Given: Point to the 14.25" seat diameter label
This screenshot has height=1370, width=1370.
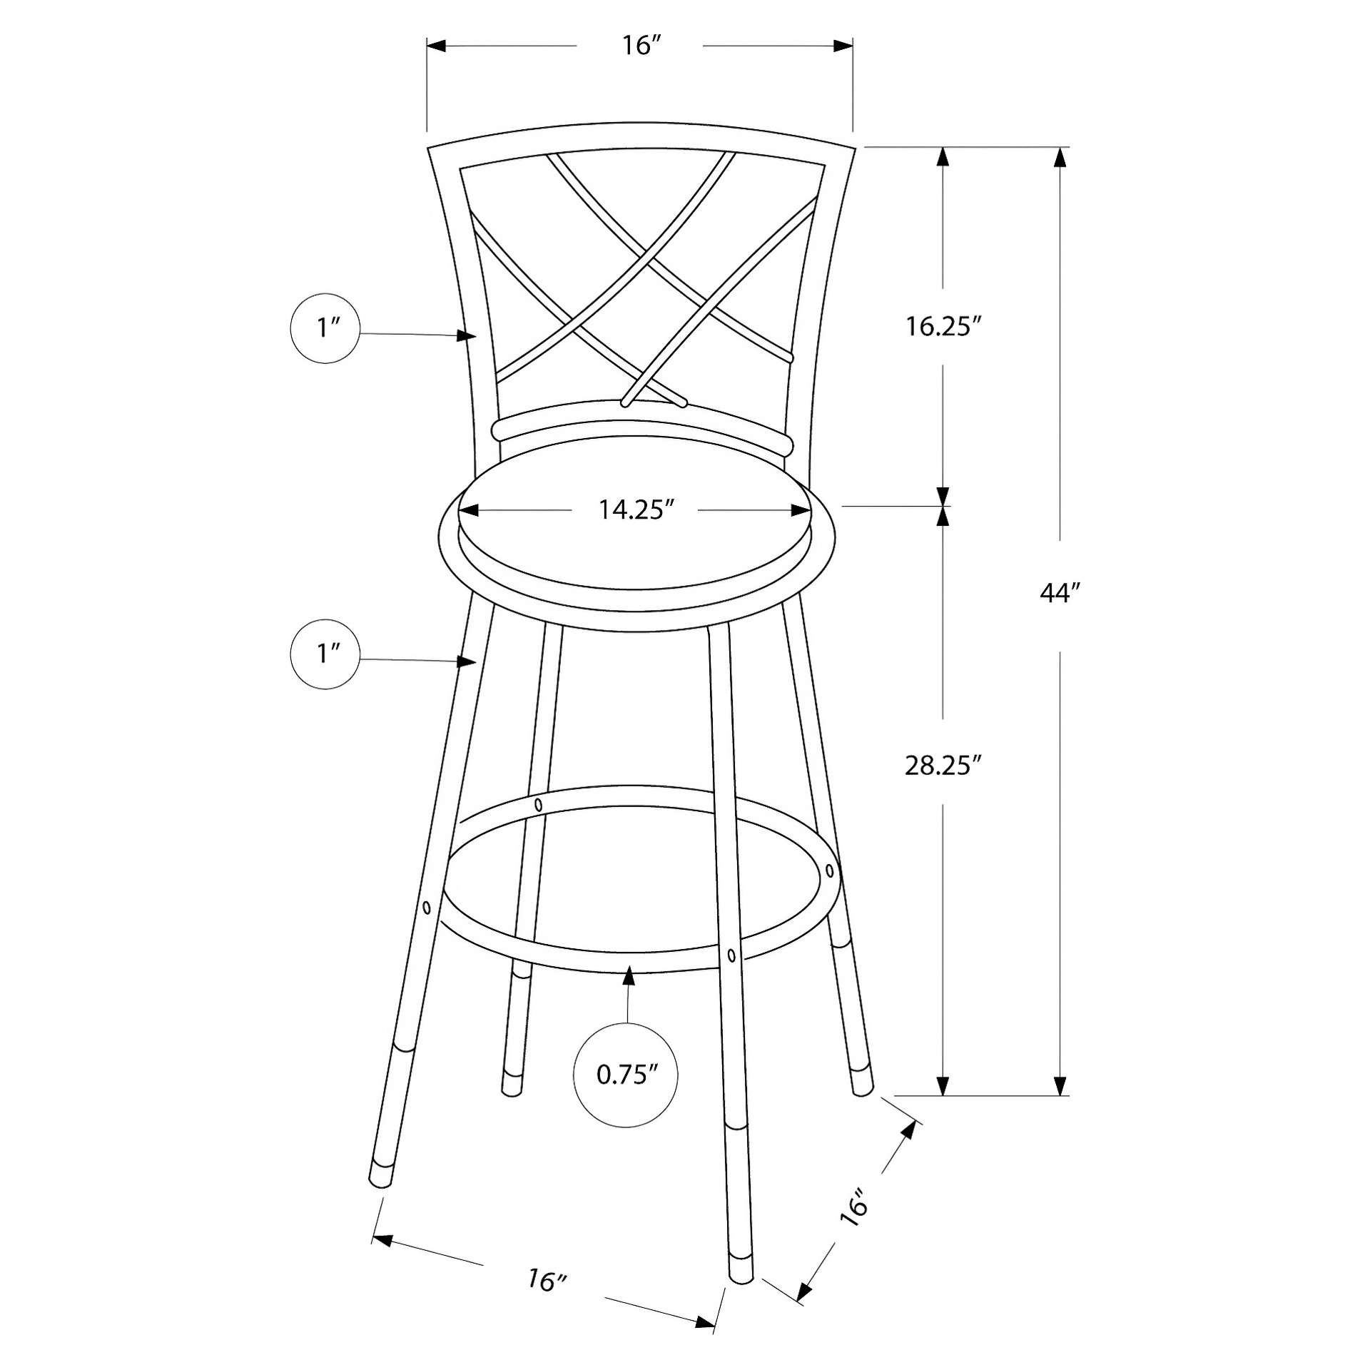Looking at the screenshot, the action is point(636,509).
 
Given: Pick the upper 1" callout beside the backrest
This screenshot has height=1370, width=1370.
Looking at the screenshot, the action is point(326,328).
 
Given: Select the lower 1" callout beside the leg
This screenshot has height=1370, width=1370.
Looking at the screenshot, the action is point(326,654).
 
